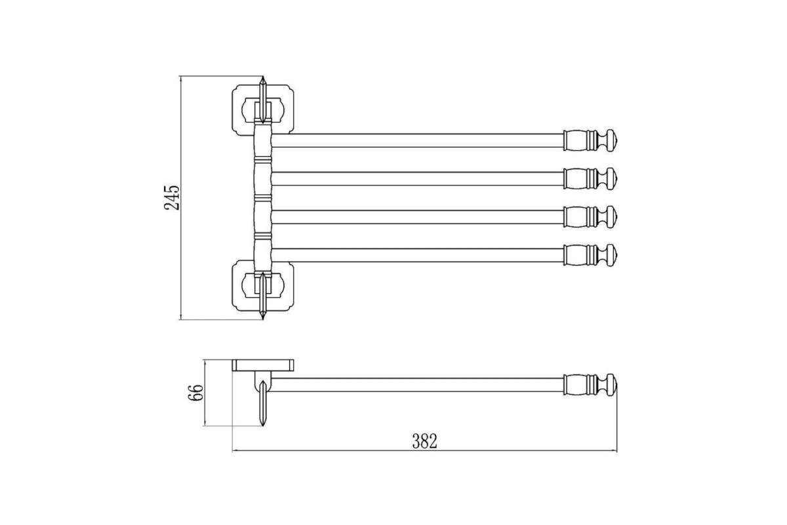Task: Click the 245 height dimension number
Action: [172, 198]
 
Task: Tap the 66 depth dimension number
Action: [195, 393]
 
